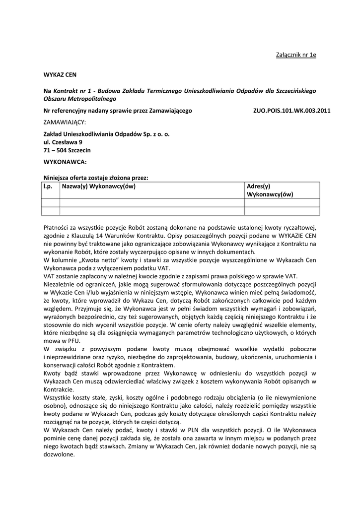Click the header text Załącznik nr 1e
pyautogui.click(x=295, y=55)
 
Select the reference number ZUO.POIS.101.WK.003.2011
pyautogui.click(x=285, y=111)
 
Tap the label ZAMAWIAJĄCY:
pyautogui.click(x=64, y=122)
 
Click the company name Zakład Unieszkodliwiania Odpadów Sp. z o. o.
pyautogui.click(x=106, y=133)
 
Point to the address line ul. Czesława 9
pyautogui.click(x=63, y=142)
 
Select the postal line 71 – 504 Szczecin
pyautogui.click(x=67, y=150)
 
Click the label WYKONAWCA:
pyautogui.click(x=65, y=162)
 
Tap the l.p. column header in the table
pyautogui.click(x=48, y=186)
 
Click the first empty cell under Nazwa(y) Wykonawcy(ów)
pyautogui.click(x=152, y=202)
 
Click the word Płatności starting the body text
pyautogui.click(x=57, y=227)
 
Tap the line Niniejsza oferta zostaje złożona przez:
pyautogui.click(x=96, y=177)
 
